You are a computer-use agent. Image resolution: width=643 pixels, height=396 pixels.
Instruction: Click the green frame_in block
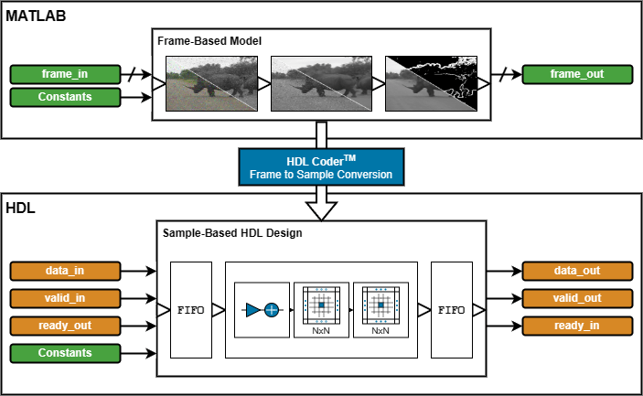click(x=64, y=74)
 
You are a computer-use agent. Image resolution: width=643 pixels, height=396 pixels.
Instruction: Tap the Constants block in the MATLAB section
click(x=64, y=97)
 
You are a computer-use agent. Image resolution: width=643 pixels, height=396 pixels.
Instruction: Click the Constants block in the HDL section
click(x=64, y=353)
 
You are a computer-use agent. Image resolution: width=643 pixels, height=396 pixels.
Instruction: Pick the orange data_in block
click(x=64, y=271)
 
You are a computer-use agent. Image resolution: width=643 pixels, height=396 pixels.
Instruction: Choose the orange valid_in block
click(x=64, y=298)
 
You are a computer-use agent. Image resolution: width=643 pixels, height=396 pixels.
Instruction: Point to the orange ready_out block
click(x=64, y=326)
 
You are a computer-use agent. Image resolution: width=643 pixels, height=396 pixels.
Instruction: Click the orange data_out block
click(x=576, y=271)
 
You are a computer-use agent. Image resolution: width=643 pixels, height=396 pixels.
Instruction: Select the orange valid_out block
click(x=576, y=298)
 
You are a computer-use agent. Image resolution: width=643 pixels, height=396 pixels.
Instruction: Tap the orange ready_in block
click(x=576, y=326)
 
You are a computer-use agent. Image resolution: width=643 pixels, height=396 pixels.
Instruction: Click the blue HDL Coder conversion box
click(x=320, y=166)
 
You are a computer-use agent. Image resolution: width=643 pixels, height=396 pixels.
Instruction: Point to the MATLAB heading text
click(x=36, y=17)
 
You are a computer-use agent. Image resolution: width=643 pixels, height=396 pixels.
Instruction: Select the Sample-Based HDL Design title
click(x=232, y=232)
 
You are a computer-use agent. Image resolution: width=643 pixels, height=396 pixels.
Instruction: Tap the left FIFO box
click(x=191, y=309)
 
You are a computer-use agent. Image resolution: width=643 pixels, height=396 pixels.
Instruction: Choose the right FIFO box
click(x=450, y=309)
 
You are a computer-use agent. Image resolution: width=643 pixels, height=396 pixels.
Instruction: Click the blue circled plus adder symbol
click(x=272, y=310)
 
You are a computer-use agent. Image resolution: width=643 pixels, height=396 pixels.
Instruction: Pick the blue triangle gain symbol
click(x=252, y=310)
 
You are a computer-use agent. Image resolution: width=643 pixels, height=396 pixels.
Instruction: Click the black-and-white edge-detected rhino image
click(x=430, y=85)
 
